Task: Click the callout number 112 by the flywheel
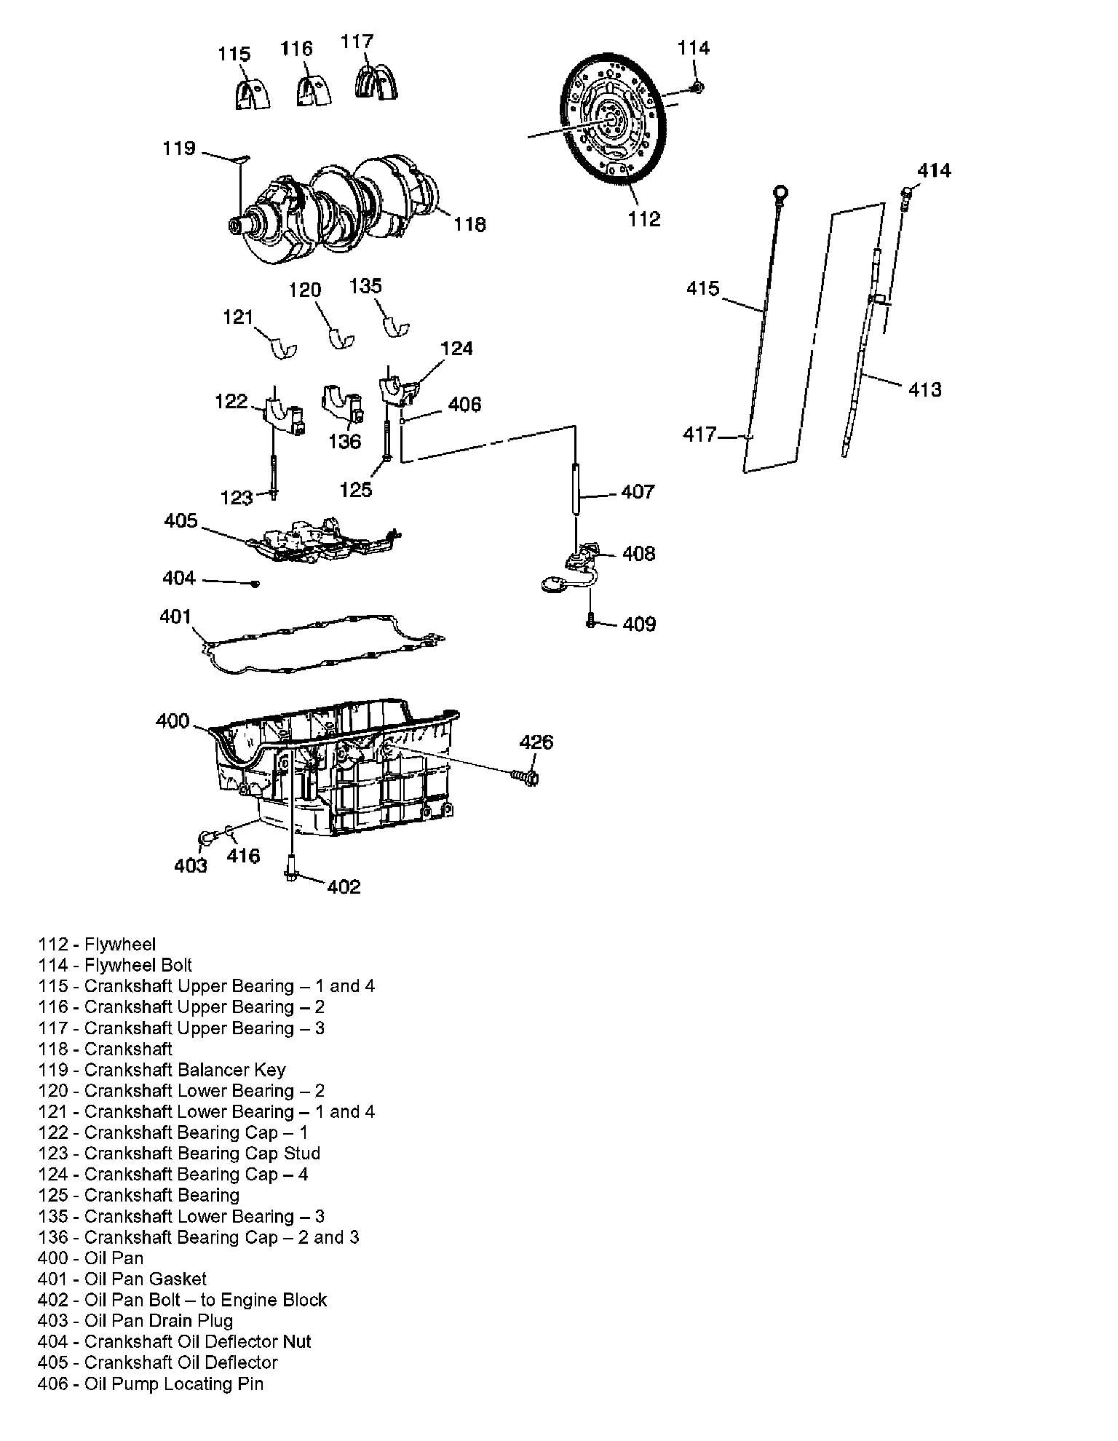(644, 218)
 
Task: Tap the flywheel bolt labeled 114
(697, 87)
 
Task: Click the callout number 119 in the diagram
(179, 148)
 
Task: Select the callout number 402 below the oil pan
(344, 886)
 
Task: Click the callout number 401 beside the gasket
(175, 616)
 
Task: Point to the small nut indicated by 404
(255, 584)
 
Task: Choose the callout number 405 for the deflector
(181, 520)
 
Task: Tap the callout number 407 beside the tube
(638, 492)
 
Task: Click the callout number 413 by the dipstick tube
(925, 389)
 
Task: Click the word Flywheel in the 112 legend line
(120, 945)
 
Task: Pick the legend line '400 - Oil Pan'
(91, 1258)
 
